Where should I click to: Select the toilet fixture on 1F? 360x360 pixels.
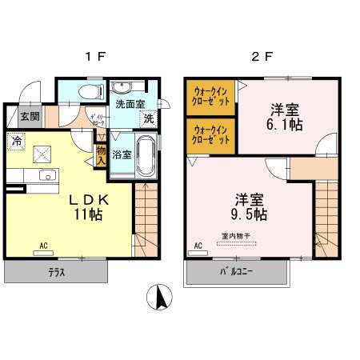90,90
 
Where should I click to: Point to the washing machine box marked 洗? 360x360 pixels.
149,118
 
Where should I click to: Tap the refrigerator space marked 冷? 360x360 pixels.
17,140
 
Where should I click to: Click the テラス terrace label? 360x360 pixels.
55,273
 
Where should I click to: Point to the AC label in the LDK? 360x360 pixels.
44,246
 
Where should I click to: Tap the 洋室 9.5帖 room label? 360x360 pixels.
250,206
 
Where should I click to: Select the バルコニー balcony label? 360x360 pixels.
237,273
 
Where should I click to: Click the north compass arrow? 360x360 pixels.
161,298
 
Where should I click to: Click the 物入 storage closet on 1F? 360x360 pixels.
101,154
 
